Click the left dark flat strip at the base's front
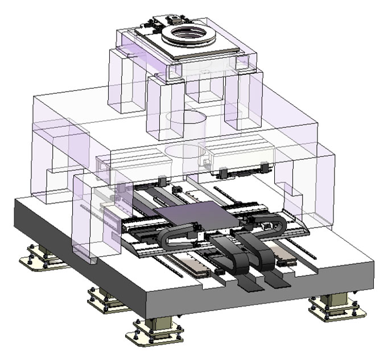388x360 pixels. pos(250,282)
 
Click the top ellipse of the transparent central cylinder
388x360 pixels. pos(186,118)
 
